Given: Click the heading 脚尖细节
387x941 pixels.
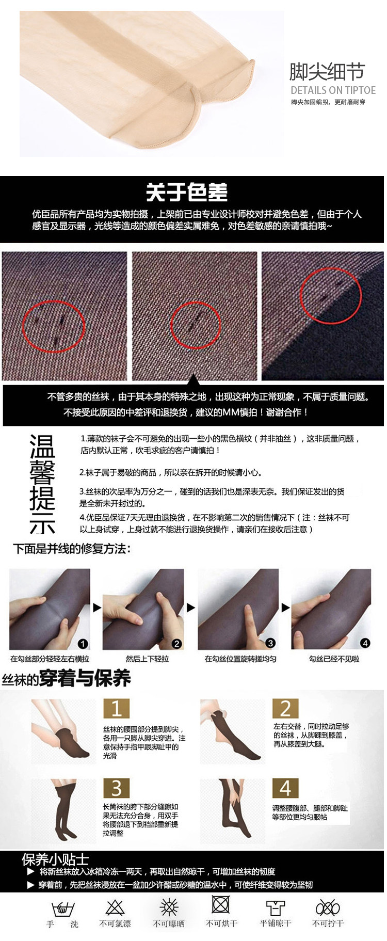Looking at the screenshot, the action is (x=327, y=72).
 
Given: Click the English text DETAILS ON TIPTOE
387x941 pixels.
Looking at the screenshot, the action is (x=333, y=90).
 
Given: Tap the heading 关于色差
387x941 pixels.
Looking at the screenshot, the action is (x=187, y=193).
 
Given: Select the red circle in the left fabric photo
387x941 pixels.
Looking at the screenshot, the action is (x=53, y=326).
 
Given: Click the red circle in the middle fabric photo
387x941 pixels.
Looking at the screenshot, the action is (x=196, y=325).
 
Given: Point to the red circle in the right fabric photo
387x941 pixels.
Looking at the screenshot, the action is (x=331, y=295).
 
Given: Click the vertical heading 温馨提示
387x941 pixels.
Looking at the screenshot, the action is (x=42, y=484).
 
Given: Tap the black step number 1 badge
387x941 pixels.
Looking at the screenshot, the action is (x=83, y=643).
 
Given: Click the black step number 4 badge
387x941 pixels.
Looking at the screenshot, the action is (x=365, y=643).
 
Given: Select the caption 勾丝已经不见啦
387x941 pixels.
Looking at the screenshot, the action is (x=334, y=659).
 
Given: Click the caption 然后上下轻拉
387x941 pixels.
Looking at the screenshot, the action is (x=147, y=659).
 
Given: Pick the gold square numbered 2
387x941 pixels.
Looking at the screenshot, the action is (x=285, y=709).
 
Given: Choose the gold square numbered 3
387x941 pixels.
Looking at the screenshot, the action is (x=116, y=788).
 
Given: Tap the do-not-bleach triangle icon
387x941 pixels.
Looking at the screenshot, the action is (x=115, y=907).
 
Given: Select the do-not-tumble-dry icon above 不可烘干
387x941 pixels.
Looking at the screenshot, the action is (x=221, y=904).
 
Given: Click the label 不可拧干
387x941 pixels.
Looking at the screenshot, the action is (x=328, y=923).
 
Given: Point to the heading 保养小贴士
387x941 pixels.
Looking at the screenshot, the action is (x=55, y=859).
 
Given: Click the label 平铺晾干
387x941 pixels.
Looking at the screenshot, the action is (x=275, y=923).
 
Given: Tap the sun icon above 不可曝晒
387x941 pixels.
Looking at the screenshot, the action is (x=169, y=907).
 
